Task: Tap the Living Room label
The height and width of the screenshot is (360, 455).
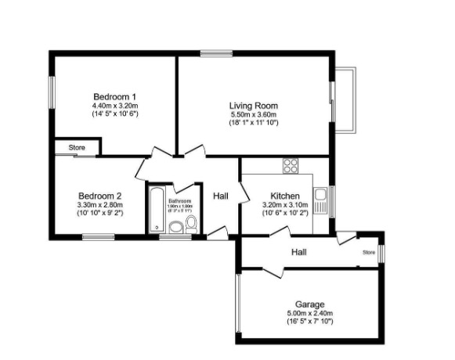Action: [253, 106]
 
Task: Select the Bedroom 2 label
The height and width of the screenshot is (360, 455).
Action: [99, 196]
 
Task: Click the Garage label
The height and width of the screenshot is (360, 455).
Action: [309, 304]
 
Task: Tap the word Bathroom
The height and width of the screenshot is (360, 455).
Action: [180, 201]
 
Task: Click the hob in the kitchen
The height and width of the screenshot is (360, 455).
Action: [291, 165]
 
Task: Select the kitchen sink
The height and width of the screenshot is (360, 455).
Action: [320, 195]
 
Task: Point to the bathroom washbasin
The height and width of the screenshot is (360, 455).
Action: [176, 228]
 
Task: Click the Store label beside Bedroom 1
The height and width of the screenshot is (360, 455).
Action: [76, 147]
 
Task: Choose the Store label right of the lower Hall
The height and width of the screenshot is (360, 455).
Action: [368, 253]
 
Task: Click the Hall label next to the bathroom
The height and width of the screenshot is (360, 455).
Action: [220, 195]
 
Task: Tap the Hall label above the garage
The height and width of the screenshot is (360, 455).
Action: [298, 252]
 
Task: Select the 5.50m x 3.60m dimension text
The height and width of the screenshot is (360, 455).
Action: [253, 114]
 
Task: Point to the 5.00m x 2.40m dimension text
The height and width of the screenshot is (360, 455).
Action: [309, 313]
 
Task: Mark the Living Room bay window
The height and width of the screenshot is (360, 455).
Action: [345, 99]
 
